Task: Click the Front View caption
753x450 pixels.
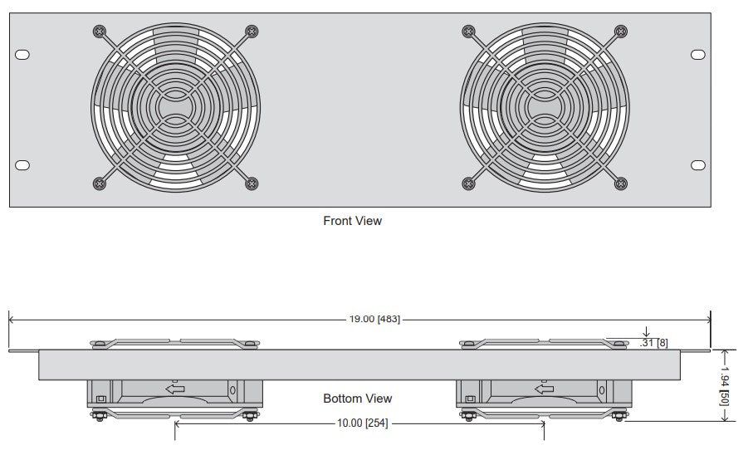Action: pyautogui.click(x=352, y=221)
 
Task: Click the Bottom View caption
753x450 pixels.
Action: pyautogui.click(x=357, y=399)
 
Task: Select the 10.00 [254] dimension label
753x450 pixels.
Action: pyautogui.click(x=361, y=423)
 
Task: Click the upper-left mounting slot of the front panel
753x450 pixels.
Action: pyautogui.click(x=22, y=55)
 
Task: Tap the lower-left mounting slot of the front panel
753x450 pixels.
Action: pyautogui.click(x=22, y=164)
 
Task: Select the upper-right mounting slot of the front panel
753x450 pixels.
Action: pyautogui.click(x=697, y=55)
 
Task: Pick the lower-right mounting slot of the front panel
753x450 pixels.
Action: pyautogui.click(x=697, y=164)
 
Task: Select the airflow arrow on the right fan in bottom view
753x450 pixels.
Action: pyautogui.click(x=544, y=388)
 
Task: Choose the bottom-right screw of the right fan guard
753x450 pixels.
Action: pyautogui.click(x=620, y=183)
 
